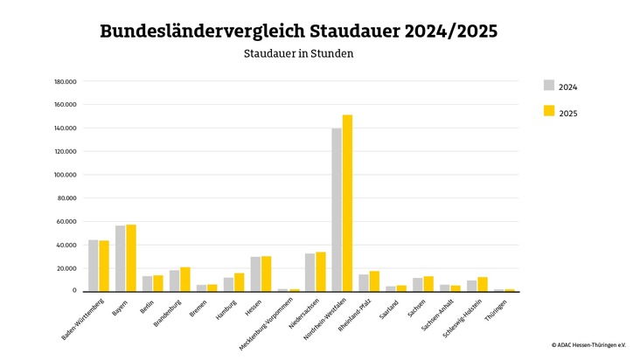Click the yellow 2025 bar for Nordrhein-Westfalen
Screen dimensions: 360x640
(347, 203)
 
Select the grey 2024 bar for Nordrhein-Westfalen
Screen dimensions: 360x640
(337, 210)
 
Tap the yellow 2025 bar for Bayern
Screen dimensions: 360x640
(131, 258)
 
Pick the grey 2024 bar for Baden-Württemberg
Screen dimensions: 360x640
(94, 266)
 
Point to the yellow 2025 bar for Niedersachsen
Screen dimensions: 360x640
(320, 272)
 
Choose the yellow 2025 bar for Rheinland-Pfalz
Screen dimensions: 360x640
(374, 280)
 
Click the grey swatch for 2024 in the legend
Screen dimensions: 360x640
(549, 86)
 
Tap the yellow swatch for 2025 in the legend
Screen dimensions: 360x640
(549, 111)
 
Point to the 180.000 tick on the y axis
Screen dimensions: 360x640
(66, 81)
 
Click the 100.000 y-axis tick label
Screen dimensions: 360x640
(66, 175)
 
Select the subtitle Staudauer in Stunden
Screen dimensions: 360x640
(298, 53)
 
